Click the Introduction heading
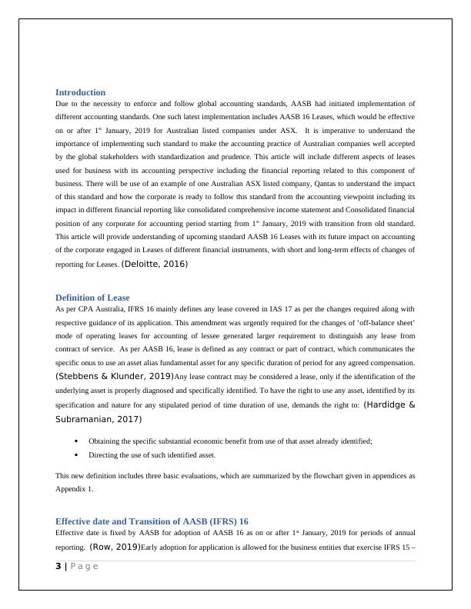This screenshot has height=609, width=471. pyautogui.click(x=80, y=92)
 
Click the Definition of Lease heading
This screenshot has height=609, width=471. pyautogui.click(x=92, y=298)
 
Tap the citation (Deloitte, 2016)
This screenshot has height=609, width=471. pyautogui.click(x=154, y=264)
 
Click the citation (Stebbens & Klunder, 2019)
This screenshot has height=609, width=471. pyautogui.click(x=115, y=376)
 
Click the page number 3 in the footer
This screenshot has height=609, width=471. pyautogui.click(x=58, y=567)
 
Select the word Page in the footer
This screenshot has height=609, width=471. pyautogui.click(x=84, y=567)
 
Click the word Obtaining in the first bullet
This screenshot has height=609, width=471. pyautogui.click(x=104, y=441)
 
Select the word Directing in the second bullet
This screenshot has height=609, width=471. pyautogui.click(x=103, y=455)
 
